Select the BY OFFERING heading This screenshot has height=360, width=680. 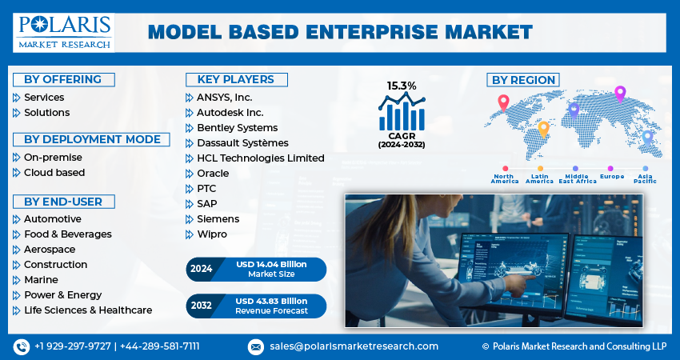[x=62, y=79]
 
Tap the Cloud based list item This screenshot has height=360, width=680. [x=54, y=173]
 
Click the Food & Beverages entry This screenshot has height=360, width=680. [x=67, y=234]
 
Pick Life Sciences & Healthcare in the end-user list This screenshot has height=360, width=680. [x=87, y=310]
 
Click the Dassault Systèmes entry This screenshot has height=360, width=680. [x=242, y=143]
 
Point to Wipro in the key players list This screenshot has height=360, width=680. [x=212, y=234]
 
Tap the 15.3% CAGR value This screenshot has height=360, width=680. [x=402, y=86]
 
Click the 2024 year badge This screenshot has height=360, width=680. [x=202, y=269]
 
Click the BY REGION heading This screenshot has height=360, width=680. [x=523, y=80]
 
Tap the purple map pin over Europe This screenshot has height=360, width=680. [x=619, y=93]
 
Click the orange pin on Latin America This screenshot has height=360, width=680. [x=543, y=128]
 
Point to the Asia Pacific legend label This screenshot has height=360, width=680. [x=646, y=178]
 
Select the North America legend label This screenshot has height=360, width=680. [x=505, y=178]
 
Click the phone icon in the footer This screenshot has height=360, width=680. [x=22, y=346]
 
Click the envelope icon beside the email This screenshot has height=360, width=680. [x=256, y=346]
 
